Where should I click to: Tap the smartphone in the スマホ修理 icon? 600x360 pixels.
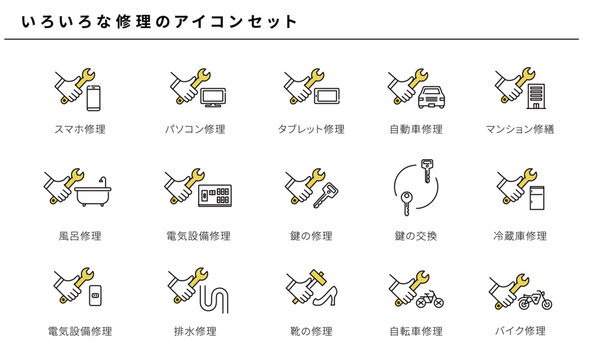click(x=94, y=98)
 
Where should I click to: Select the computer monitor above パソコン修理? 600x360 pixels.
click(x=214, y=98)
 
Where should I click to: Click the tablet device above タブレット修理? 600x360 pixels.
click(x=328, y=98)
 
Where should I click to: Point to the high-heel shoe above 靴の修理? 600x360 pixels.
click(x=323, y=299)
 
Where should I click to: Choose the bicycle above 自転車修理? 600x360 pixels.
click(x=433, y=299)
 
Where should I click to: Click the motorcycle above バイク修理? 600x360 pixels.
click(x=533, y=299)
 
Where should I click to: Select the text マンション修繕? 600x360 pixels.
click(x=520, y=129)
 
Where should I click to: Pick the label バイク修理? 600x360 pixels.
click(x=520, y=330)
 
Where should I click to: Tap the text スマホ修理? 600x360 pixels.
click(x=81, y=129)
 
